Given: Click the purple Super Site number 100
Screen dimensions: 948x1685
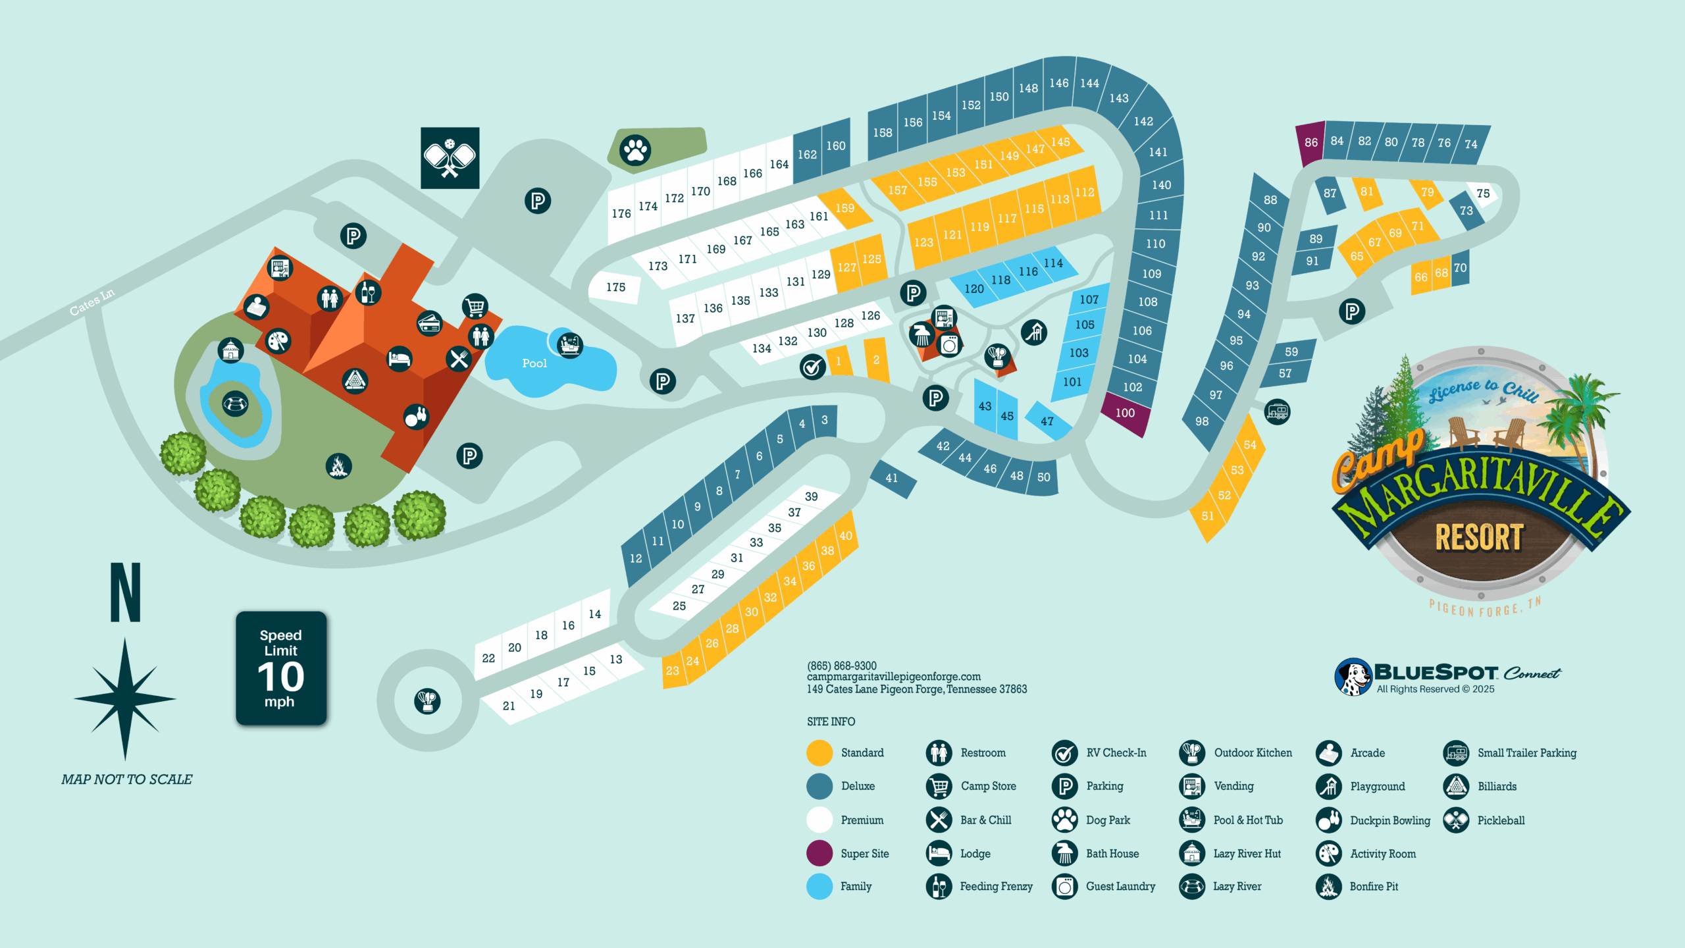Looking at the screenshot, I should pos(1125,413).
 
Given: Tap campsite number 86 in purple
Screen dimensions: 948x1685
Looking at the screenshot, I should pos(1310,142).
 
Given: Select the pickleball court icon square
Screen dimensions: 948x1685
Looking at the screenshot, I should pos(450,158).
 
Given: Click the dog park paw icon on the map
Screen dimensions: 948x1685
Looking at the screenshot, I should pos(635,150).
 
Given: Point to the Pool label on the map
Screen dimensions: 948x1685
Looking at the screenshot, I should pos(534,363).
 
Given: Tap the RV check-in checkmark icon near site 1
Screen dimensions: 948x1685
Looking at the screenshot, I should pos(813,367).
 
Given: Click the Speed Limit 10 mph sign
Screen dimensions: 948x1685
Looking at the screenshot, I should pos(281,668).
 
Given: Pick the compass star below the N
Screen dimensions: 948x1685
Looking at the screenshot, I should pos(125,698).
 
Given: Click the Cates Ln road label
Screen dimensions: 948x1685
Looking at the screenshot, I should pos(92,302).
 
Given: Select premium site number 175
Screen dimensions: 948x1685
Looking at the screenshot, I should pos(615,288).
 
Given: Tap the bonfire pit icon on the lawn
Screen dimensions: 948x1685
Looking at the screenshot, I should pos(338,466).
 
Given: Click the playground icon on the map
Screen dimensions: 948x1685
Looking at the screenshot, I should pos(1034,332).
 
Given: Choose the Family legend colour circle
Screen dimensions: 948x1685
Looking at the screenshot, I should pos(819,887).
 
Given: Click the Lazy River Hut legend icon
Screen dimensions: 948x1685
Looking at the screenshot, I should pos(1192,854).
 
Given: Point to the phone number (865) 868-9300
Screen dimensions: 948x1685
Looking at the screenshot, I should pos(842,666).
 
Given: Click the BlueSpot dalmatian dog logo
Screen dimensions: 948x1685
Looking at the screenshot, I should pos(1353,677).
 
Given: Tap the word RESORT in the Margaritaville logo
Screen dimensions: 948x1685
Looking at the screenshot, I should pos(1479,538).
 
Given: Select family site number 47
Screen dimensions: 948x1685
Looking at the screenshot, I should pos(1047,421).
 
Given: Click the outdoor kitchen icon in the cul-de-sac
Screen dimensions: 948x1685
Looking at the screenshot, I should pos(427,700).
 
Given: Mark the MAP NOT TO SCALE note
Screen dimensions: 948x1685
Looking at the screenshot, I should pos(127,779).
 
